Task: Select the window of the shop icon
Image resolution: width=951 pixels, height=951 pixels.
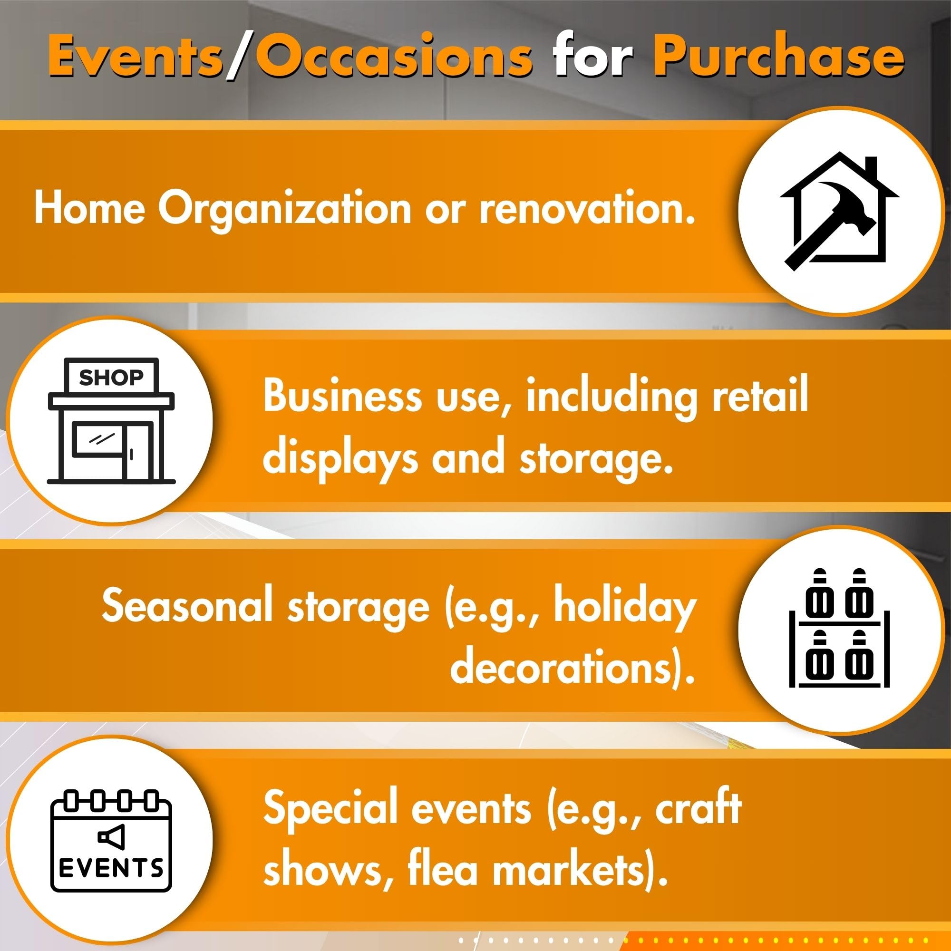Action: tap(98, 438)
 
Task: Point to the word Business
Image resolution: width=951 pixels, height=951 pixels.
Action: tap(342, 396)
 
